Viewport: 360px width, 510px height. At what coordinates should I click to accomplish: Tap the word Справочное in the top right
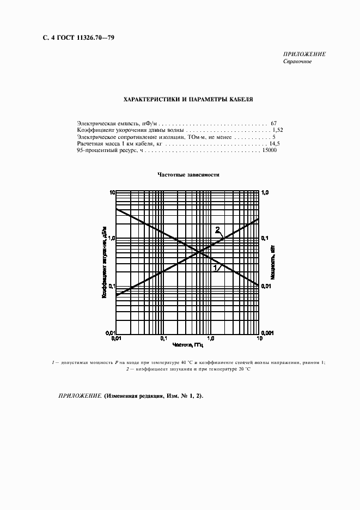(297, 62)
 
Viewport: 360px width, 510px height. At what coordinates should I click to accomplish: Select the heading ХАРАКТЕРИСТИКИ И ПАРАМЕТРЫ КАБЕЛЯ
(188, 100)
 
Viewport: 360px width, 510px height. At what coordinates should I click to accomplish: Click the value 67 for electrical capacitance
(273, 124)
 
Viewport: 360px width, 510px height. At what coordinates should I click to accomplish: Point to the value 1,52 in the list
(277, 131)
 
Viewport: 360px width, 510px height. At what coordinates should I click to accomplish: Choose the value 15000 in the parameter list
(269, 150)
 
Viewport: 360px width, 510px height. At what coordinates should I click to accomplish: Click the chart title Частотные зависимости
(188, 175)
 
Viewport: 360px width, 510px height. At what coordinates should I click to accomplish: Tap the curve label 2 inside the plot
(217, 229)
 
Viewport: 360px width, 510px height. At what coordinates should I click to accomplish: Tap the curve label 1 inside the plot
(215, 268)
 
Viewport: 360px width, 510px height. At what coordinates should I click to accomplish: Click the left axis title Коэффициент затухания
(103, 263)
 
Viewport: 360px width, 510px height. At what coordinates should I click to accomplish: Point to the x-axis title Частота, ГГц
(188, 345)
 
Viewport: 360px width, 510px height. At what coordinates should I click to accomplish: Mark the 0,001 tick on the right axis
(268, 332)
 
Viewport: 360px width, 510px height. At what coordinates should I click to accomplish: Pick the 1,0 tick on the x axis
(212, 338)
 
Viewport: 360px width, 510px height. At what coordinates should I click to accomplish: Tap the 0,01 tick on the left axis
(108, 332)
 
